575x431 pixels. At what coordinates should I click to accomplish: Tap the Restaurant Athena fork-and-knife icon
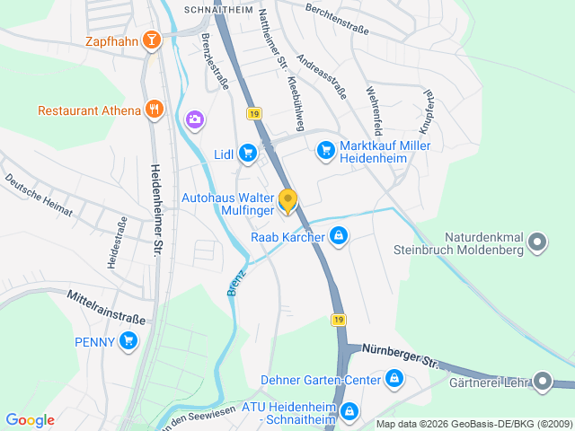tap(155, 110)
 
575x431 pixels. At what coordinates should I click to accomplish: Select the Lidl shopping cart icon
tap(248, 154)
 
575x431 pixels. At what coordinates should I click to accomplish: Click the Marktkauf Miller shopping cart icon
tap(326, 149)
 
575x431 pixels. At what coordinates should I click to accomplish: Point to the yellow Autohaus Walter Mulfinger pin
tap(287, 200)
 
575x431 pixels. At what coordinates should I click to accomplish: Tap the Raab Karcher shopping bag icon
tap(338, 237)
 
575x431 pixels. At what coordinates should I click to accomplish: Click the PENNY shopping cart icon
tap(129, 341)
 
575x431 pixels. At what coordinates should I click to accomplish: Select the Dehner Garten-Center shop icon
tap(393, 380)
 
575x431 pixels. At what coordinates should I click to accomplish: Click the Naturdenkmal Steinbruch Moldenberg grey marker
tap(537, 242)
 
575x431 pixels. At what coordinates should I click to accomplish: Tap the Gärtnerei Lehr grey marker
tap(544, 382)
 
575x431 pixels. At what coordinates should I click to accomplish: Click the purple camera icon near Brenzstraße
tap(194, 119)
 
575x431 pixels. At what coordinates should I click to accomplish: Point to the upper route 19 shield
tap(254, 113)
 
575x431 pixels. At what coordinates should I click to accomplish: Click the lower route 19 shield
tap(338, 320)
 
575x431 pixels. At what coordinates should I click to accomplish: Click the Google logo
tap(30, 419)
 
